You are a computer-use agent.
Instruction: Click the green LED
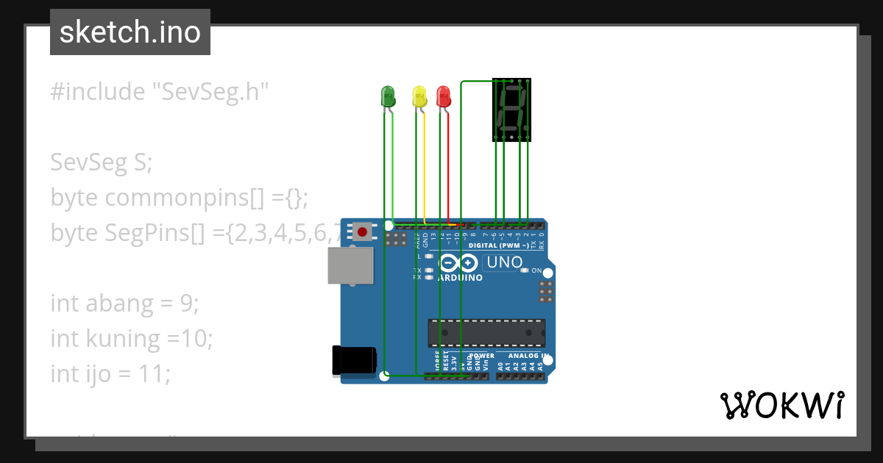point(388,96)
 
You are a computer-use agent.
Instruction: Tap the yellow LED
point(419,96)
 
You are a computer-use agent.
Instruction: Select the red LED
point(443,96)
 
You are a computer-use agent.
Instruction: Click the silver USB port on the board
point(350,265)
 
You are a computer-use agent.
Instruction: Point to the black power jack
point(355,360)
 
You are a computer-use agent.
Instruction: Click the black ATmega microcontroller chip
point(486,333)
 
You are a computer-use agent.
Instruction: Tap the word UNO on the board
point(505,262)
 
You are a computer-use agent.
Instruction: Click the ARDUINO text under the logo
point(460,279)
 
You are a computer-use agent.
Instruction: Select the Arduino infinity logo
point(458,263)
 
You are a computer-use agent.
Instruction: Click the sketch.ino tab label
point(130,32)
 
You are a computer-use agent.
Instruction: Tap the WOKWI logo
point(781,405)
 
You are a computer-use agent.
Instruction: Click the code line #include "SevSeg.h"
point(160,92)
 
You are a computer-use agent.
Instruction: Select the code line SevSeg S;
point(101,162)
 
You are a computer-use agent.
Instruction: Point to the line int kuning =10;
point(132,338)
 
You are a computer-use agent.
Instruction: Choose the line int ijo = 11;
point(110,373)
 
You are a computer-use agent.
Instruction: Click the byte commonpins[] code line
point(179,198)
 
